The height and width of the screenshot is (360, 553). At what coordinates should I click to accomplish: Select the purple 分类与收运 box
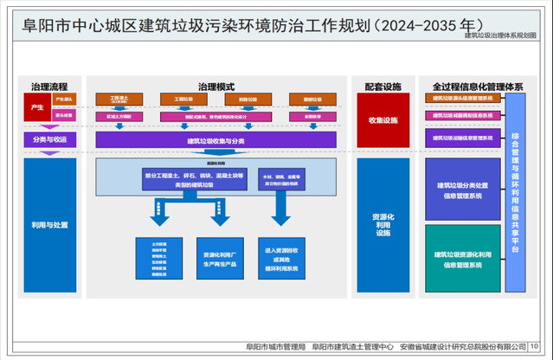pyautogui.click(x=50, y=139)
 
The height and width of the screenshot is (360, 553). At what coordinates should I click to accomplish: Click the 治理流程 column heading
pyautogui.click(x=50, y=87)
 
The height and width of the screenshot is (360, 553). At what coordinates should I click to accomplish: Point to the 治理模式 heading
pyautogui.click(x=215, y=87)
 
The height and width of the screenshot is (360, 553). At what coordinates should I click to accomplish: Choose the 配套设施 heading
pyautogui.click(x=383, y=87)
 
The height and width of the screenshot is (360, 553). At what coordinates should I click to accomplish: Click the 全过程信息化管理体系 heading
pyautogui.click(x=475, y=87)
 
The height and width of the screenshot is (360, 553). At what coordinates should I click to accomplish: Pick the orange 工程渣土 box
pyautogui.click(x=119, y=100)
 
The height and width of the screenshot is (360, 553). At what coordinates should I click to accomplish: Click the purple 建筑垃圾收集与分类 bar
pyautogui.click(x=215, y=139)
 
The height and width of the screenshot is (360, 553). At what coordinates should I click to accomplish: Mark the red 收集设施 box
pyautogui.click(x=383, y=120)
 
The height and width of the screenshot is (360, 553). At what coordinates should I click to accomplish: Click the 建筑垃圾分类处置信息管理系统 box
pyautogui.click(x=463, y=189)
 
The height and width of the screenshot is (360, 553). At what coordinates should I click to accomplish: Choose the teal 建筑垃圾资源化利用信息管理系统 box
pyautogui.click(x=463, y=260)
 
